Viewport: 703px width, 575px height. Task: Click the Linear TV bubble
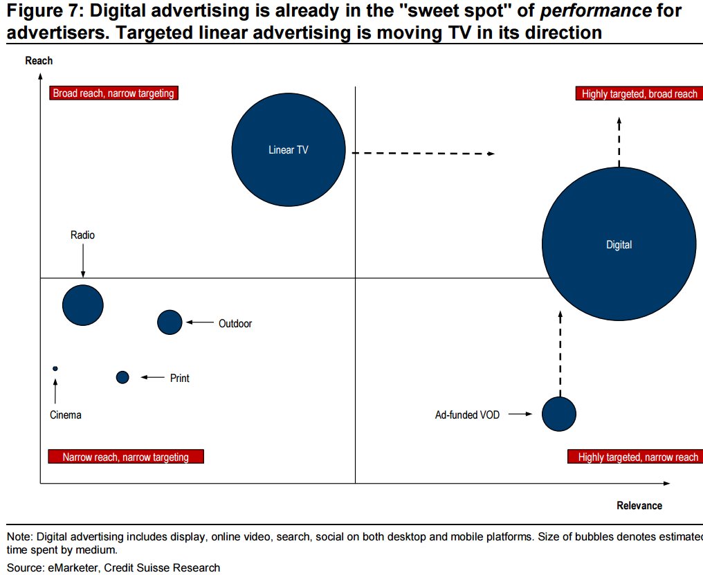(288, 149)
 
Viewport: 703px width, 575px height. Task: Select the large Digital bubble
(619, 245)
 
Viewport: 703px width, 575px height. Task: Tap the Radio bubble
(83, 304)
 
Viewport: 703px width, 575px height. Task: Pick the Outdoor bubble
(170, 322)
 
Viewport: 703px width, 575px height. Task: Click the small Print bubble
(122, 377)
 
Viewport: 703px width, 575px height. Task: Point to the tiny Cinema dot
(55, 369)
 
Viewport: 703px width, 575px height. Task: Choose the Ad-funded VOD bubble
(558, 414)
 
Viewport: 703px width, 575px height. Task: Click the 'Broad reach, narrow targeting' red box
(113, 93)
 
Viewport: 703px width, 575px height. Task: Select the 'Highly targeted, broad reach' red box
(639, 94)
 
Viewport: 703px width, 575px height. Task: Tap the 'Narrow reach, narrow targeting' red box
(125, 457)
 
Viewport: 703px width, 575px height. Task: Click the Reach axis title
(39, 61)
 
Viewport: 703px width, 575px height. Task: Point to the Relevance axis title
(639, 505)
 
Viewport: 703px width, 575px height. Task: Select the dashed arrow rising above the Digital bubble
(619, 142)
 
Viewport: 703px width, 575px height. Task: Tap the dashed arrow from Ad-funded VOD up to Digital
(560, 353)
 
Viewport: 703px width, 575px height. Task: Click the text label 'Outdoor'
(235, 323)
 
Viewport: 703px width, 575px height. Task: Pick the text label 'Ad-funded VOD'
(467, 415)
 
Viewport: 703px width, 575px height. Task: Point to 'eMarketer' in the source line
(68, 568)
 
